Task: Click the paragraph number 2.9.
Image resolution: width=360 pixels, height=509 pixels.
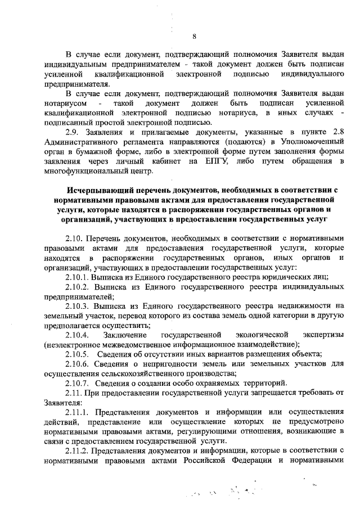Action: [x=73, y=132]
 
